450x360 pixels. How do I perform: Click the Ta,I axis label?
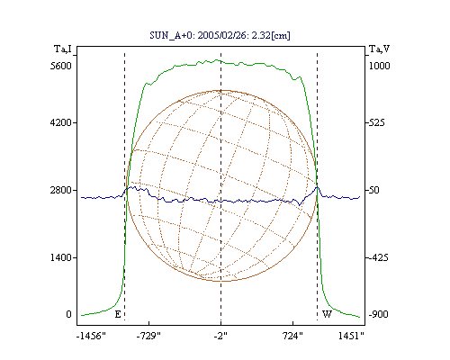tap(63, 49)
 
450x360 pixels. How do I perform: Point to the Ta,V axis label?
tap(379, 49)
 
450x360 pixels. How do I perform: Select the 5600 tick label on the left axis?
tap(61, 66)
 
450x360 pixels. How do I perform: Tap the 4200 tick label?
tap(61, 122)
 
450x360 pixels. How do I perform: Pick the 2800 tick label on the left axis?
tap(61, 190)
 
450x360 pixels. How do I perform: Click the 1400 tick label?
tap(61, 257)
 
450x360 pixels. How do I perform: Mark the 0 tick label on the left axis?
tap(68, 314)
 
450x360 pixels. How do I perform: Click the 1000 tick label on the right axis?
tap(379, 66)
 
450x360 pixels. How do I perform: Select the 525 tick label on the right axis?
tap(376, 122)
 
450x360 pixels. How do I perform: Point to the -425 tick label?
tap(378, 257)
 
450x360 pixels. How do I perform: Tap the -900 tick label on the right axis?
tap(378, 314)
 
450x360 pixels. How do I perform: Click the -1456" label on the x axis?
tap(91, 336)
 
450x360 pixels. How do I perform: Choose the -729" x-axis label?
tap(148, 336)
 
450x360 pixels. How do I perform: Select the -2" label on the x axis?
tap(220, 336)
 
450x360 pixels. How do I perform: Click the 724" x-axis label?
tap(292, 336)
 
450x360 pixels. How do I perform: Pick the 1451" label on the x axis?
tap(351, 336)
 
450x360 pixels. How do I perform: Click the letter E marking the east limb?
tap(118, 314)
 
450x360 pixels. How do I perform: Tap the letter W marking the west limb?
tap(327, 314)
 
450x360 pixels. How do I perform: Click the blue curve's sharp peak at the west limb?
tap(317, 187)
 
